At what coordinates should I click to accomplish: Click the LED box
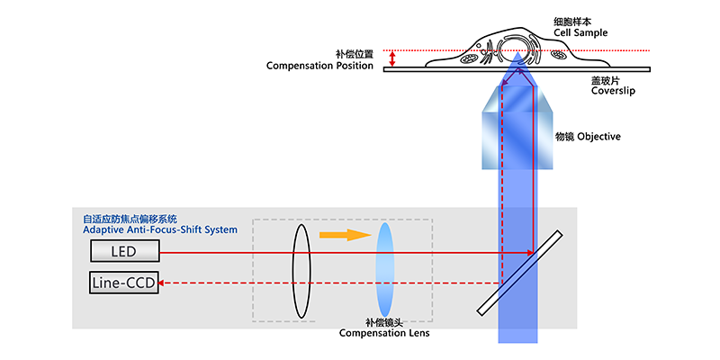pyautogui.click(x=125, y=252)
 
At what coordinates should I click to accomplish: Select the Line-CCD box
pyautogui.click(x=123, y=283)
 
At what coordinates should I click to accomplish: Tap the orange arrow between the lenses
pyautogui.click(x=346, y=235)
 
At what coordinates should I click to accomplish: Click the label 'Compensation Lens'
pyautogui.click(x=384, y=333)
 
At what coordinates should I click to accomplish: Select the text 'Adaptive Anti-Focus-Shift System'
pyautogui.click(x=160, y=229)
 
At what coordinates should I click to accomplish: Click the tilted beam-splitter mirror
pyautogui.click(x=520, y=273)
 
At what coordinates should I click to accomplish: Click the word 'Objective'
pyautogui.click(x=598, y=137)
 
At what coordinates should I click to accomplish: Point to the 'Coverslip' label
pyautogui.click(x=613, y=91)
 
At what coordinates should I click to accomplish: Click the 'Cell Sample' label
pyautogui.click(x=580, y=33)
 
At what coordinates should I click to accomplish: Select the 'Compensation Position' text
pyautogui.click(x=319, y=66)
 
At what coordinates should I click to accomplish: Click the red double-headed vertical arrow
pyautogui.click(x=392, y=58)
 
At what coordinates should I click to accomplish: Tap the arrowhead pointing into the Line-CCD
pyautogui.click(x=162, y=283)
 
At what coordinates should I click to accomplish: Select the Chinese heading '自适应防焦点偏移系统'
pyautogui.click(x=130, y=219)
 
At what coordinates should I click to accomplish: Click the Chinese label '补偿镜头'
pyautogui.click(x=384, y=323)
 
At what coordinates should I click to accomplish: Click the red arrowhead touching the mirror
pyautogui.click(x=530, y=252)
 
